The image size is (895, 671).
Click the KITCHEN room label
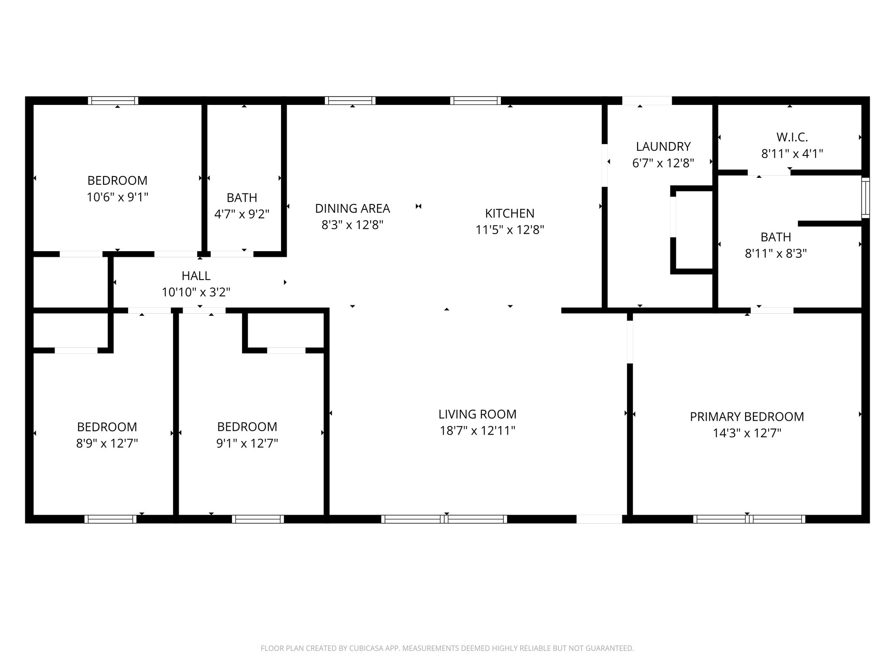[x=510, y=213]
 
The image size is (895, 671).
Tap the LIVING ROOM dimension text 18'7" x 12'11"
[x=477, y=431]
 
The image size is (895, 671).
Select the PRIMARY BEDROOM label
[x=746, y=417]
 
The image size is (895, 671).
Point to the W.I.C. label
[x=792, y=137]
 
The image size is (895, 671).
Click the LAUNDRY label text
[x=663, y=146]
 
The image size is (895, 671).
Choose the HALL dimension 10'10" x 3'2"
[x=196, y=292]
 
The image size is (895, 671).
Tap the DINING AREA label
[x=352, y=208]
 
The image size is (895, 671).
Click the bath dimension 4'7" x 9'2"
[x=242, y=214]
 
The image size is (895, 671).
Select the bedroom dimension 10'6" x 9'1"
[x=117, y=197]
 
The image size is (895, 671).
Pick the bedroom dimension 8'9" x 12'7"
[x=107, y=443]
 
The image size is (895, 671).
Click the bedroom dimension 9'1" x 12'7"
[x=247, y=443]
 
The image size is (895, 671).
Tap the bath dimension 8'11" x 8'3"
[x=775, y=254]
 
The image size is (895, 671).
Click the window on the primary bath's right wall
[x=865, y=198]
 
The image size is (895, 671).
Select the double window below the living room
[x=444, y=519]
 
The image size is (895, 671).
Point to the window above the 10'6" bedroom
[x=113, y=100]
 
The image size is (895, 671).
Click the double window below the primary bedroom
[x=749, y=519]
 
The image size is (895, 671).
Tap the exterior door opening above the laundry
[x=647, y=100]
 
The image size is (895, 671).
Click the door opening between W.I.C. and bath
[x=769, y=173]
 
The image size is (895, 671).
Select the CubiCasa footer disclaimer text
[x=447, y=648]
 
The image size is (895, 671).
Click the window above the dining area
[x=350, y=100]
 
